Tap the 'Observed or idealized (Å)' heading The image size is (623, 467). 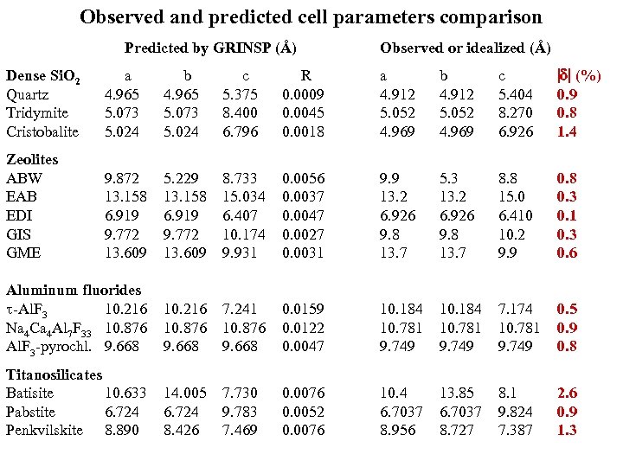click(465, 48)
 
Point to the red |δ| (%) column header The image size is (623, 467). click(580, 76)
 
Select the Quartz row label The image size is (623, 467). click(28, 94)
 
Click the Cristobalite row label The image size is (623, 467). click(42, 131)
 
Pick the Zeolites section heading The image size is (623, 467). click(32, 159)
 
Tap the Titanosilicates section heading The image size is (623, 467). click(54, 374)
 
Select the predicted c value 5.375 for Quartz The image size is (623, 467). click(240, 94)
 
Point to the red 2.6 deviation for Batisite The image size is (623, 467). click(568, 393)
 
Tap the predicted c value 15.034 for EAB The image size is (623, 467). click(243, 196)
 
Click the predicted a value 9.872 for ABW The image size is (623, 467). click(120, 178)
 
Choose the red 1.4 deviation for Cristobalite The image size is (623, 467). click(568, 131)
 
